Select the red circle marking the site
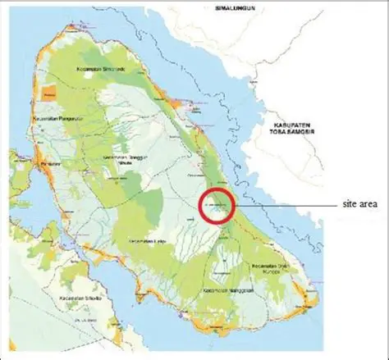point(217,205)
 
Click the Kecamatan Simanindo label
point(100,67)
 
